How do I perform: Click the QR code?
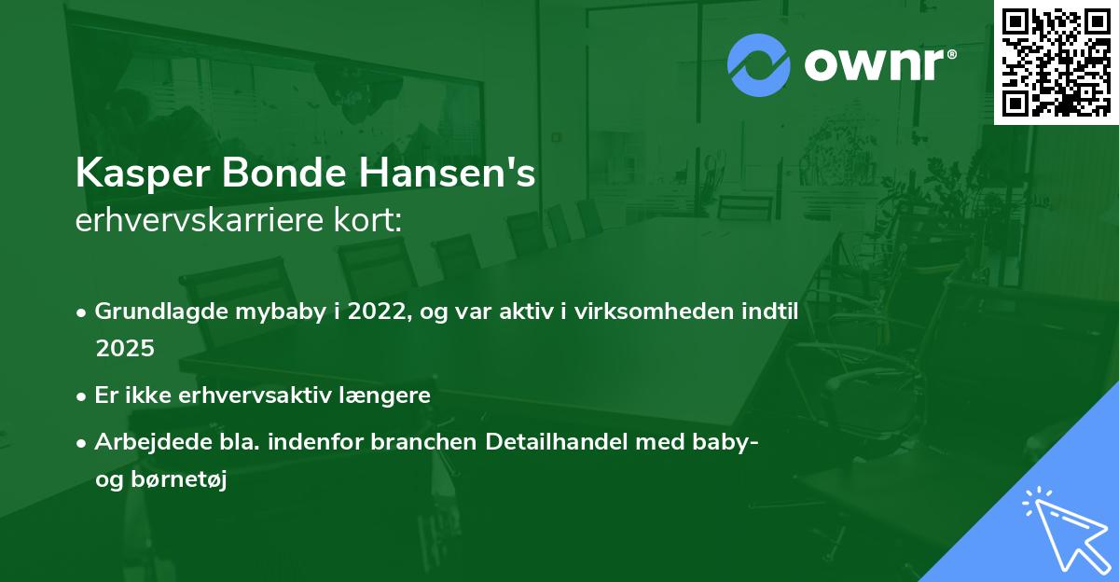(x=1057, y=62)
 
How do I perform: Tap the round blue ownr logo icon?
(x=759, y=65)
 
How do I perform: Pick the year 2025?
(x=125, y=348)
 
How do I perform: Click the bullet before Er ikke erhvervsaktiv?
(x=83, y=395)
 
